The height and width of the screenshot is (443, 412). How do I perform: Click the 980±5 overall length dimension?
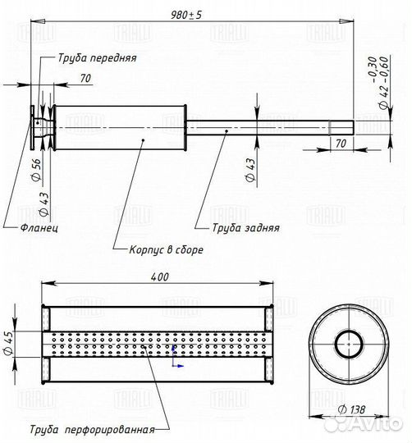pos(186,15)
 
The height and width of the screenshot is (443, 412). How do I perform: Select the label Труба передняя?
pos(97,58)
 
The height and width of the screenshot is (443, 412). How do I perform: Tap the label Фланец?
pos(39,227)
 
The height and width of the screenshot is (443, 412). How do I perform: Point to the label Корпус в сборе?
pos(166,249)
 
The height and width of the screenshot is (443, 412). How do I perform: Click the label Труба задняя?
pos(246,228)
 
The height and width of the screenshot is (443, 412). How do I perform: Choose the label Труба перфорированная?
pos(93,429)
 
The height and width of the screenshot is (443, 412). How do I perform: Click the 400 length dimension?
pos(160,277)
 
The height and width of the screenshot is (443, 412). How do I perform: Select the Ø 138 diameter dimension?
pos(352,409)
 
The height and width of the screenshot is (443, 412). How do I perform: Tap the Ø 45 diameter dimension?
pos(9,343)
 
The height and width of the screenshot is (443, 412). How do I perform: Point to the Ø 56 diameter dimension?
pos(36,170)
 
